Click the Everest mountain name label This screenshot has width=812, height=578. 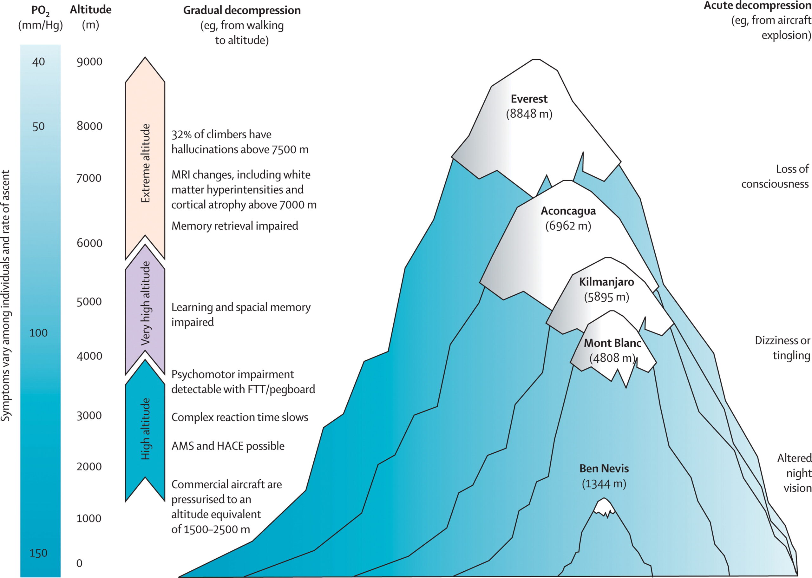(529, 99)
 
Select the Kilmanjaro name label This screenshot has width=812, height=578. (606, 282)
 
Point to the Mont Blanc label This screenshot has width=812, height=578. (612, 343)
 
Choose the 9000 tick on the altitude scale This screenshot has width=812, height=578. (89, 62)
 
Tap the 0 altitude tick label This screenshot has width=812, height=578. (79, 563)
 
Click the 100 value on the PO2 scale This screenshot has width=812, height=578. (38, 333)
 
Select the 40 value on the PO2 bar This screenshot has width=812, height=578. (38, 62)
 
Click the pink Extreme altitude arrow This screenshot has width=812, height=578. (145, 160)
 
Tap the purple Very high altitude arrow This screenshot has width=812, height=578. (145, 306)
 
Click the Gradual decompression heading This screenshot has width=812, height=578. (242, 10)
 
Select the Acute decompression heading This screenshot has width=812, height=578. (757, 6)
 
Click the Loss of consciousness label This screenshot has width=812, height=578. (775, 176)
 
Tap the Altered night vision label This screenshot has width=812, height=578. (794, 473)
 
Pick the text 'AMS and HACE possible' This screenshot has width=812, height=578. (228, 446)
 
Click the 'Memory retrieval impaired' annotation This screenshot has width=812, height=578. (234, 226)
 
